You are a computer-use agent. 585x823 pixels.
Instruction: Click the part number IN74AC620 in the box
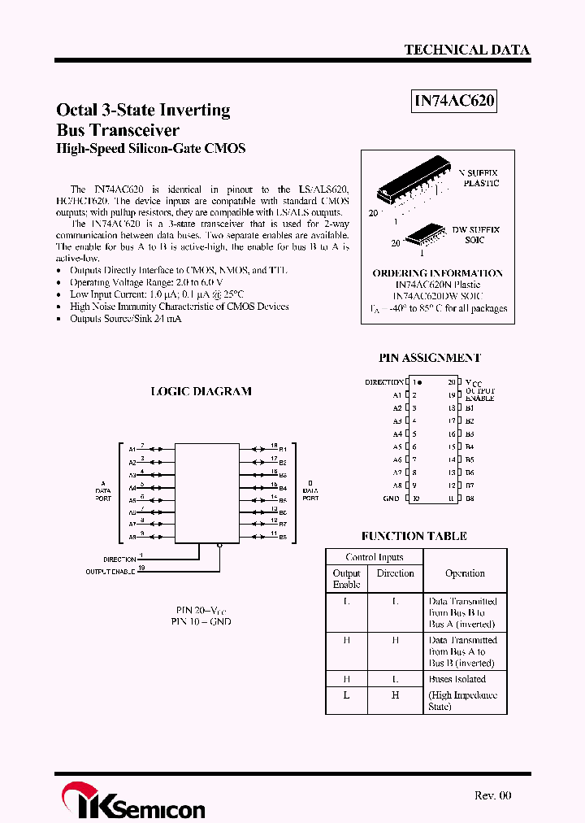[x=454, y=102]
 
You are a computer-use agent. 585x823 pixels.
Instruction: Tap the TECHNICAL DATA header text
[x=466, y=50]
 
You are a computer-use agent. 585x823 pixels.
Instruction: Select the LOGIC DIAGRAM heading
[x=201, y=391]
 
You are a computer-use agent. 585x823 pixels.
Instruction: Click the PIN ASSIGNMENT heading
[x=430, y=358]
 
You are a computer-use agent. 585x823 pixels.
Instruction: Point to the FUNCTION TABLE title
[x=414, y=536]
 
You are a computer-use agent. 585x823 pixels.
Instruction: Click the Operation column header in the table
[x=465, y=573]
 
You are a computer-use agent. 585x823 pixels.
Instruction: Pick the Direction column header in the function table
[x=396, y=573]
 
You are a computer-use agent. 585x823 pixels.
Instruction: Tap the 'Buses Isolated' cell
[x=457, y=679]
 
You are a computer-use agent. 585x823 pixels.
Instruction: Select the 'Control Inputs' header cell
[x=374, y=557]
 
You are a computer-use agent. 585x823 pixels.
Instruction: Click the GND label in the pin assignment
[x=391, y=499]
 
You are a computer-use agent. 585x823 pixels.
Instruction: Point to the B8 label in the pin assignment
[x=470, y=499]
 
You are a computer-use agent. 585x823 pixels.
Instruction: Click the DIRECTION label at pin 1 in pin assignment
[x=383, y=381]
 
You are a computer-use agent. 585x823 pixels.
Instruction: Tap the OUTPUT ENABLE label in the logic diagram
[x=110, y=572]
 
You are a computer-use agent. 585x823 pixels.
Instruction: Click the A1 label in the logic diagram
[x=132, y=449]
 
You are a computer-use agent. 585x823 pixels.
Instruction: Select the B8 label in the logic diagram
[x=283, y=538]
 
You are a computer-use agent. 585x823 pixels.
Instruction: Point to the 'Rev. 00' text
[x=492, y=795]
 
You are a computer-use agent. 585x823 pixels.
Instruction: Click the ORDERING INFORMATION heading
[x=437, y=273]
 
